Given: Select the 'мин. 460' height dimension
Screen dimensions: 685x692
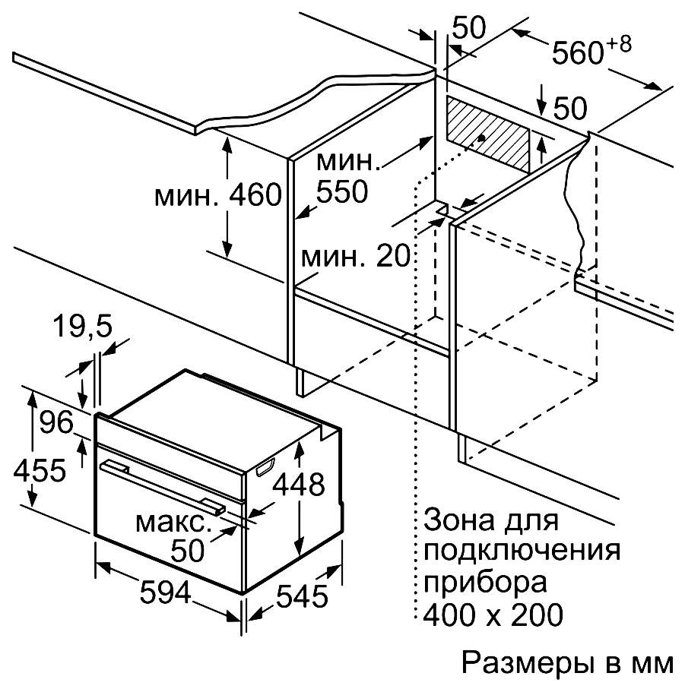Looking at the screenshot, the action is point(217,194).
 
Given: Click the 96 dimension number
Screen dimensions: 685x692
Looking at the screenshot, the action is point(56,422).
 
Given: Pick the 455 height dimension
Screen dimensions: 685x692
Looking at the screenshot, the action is point(40,469).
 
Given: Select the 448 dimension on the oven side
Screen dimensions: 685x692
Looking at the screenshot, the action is point(299,484).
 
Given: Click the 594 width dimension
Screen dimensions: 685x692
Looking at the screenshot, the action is point(166,592).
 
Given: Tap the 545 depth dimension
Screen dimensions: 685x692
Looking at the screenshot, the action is point(302,596).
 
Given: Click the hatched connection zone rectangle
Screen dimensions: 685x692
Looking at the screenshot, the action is point(487,134).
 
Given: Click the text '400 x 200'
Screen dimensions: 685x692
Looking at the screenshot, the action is point(493,614).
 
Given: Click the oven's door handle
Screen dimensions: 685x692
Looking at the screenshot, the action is point(163,487).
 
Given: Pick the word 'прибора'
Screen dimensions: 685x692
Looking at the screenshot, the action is point(485,583).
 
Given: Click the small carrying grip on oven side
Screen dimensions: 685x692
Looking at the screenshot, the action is point(265,467).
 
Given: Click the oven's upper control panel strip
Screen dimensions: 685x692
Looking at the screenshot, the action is point(170,445).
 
